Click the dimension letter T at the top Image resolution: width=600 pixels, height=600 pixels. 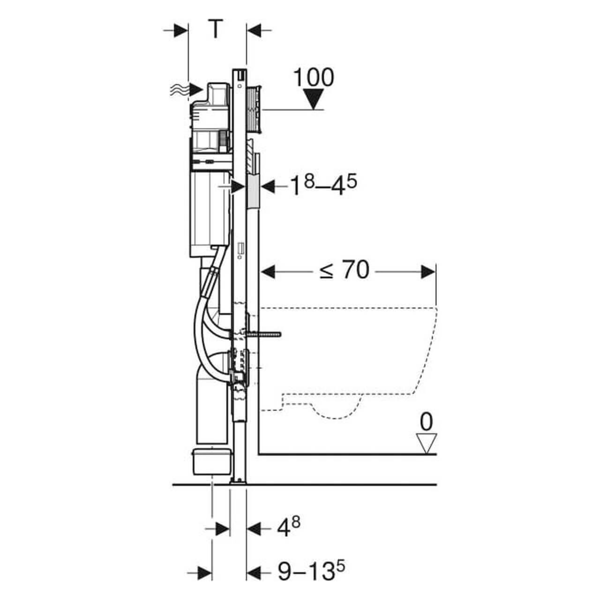(x=215, y=30)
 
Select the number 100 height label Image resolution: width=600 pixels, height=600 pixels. (x=314, y=77)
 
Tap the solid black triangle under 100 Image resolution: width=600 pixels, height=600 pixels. (x=314, y=100)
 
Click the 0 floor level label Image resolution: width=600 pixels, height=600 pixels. (x=426, y=422)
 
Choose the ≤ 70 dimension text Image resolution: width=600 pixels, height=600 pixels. (x=345, y=270)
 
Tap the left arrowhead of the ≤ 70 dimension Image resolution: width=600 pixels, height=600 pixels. (x=268, y=271)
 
